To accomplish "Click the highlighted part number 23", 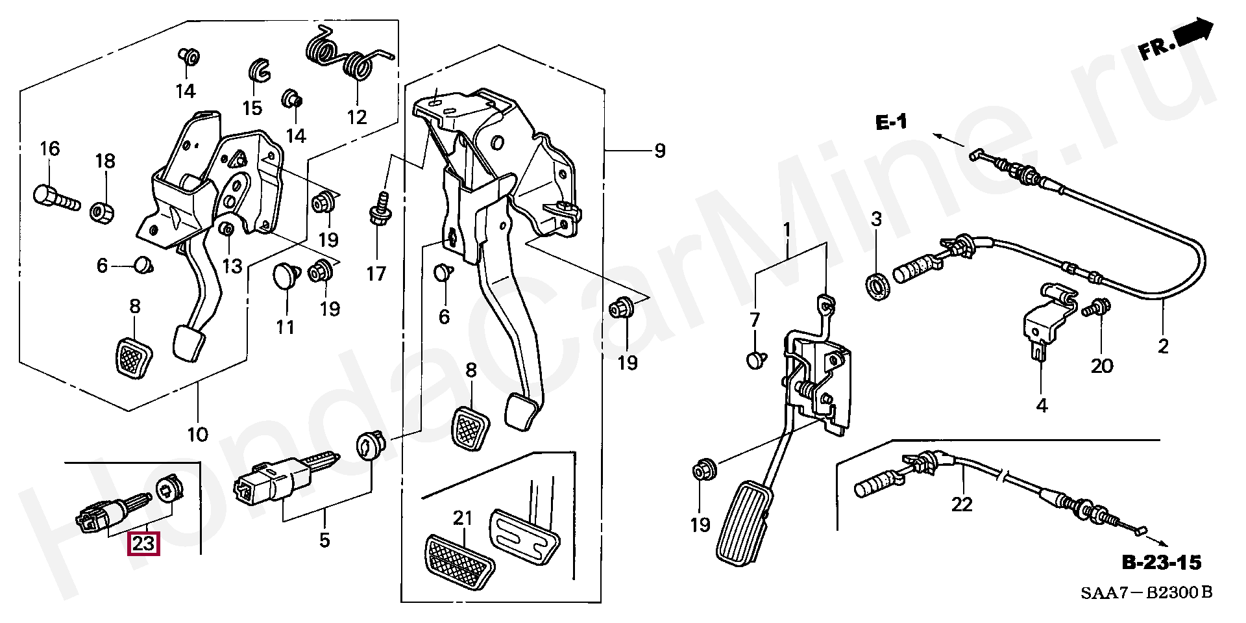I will coord(143,543).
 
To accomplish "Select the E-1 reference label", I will coord(892,121).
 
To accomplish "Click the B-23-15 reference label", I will coord(1162,563).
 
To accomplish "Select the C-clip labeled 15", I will coord(260,71).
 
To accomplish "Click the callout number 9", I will coord(659,151).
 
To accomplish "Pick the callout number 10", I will coord(198,433).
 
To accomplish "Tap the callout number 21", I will coord(462,518).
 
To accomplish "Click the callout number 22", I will coord(962,503).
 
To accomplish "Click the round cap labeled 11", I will coord(284,276).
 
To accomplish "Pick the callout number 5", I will coord(324,539).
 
